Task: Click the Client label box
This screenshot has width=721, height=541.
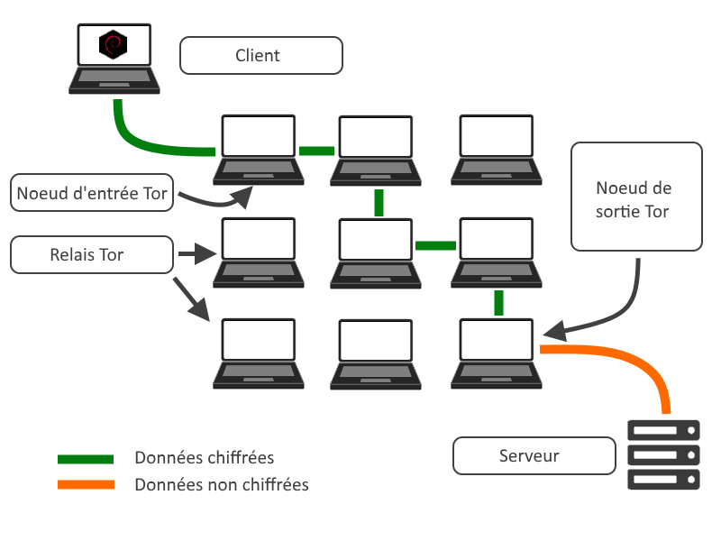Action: [261, 55]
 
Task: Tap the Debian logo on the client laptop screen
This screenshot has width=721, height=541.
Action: [114, 44]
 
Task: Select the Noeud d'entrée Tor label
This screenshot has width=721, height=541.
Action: [91, 193]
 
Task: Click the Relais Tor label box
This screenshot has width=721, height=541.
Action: [91, 255]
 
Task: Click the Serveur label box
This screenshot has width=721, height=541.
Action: [529, 456]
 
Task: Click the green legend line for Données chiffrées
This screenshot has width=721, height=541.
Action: [86, 459]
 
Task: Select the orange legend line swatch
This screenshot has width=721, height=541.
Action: [86, 485]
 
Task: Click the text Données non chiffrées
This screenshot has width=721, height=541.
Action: [222, 485]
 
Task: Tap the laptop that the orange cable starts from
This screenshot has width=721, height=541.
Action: [498, 353]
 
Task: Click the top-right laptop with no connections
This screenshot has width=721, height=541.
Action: [498, 149]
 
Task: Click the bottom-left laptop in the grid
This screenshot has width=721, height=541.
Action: [258, 353]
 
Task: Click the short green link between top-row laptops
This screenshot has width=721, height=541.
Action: [316, 151]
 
